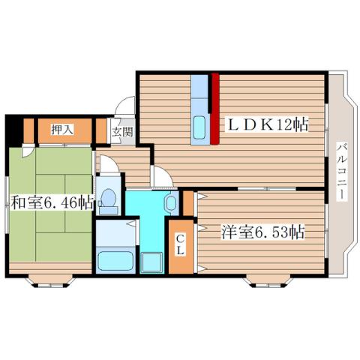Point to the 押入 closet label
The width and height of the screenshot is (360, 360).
(x=62, y=130)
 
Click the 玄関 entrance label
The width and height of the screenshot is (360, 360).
(x=121, y=132)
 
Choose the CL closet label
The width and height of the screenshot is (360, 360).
(x=181, y=244)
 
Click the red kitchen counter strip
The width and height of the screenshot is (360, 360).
(x=214, y=108)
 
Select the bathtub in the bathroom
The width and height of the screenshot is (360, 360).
(x=115, y=262)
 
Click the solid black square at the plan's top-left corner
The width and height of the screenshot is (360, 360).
(x=11, y=132)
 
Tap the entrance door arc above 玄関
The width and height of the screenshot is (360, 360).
(x=124, y=108)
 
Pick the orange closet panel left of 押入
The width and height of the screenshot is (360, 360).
(x=28, y=131)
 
